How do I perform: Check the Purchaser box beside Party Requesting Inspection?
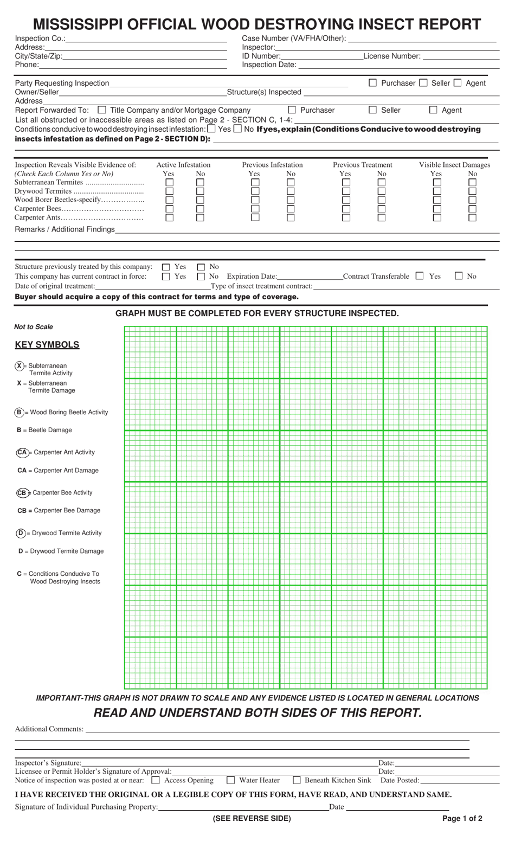coord(372,83)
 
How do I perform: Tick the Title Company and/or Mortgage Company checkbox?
coord(102,110)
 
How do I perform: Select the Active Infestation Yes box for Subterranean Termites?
coord(169,183)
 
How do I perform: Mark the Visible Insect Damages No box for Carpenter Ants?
coord(472,217)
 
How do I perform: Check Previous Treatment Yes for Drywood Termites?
coord(346,191)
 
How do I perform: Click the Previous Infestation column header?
coord(272,165)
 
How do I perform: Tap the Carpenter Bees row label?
coord(38,209)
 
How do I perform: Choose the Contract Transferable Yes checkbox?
coord(420,276)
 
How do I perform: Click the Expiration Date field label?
coord(252,277)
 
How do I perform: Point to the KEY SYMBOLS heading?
coord(47,345)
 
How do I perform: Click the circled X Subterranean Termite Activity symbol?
coord(20,366)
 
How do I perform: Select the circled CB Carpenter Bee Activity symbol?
coord(22,493)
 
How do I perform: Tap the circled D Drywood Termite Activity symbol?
coord(21,533)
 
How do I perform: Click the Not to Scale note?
coord(34,327)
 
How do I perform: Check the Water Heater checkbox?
coord(231,780)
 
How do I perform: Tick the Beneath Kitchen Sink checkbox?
coord(297,780)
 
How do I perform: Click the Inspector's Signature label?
coord(48,763)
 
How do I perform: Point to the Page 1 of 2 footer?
coord(462,819)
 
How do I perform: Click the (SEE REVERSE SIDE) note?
coord(252,819)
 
